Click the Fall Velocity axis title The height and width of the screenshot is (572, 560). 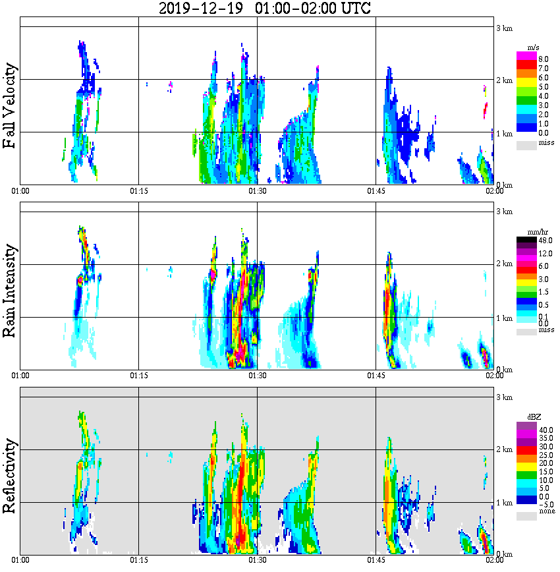coord(10,106)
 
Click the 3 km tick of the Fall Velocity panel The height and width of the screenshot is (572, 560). coord(504,28)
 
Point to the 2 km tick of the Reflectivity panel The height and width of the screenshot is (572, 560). coord(504,451)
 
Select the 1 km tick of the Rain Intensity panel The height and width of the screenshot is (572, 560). coord(504,318)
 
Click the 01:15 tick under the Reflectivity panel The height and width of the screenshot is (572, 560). coord(138,560)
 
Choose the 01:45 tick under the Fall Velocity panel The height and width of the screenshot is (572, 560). coord(376,191)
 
